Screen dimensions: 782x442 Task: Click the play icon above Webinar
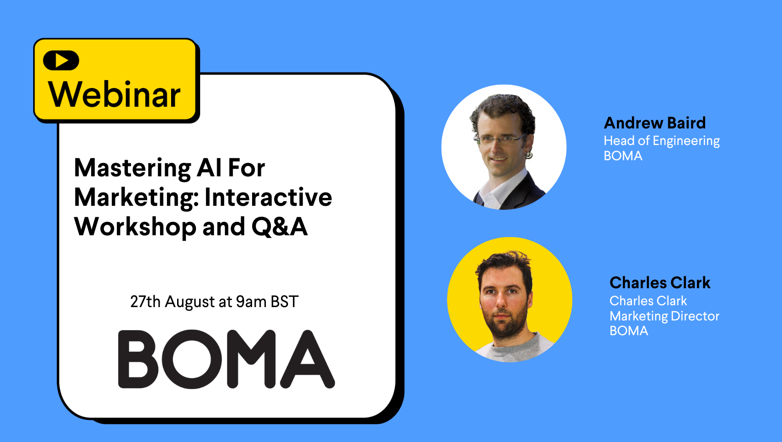click(61, 60)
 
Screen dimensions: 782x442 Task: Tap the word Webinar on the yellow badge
click(115, 94)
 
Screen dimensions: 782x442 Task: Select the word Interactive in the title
click(268, 198)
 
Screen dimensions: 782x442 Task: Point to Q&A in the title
click(280, 227)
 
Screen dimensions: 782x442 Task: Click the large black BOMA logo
click(227, 359)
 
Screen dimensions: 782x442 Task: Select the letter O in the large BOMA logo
click(192, 359)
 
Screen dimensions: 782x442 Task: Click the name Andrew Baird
click(655, 123)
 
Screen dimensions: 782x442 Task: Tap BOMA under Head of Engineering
click(623, 156)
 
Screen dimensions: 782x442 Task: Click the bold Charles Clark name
click(660, 283)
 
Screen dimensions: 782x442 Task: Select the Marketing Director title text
click(664, 316)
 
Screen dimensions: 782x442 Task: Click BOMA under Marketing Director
click(629, 331)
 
